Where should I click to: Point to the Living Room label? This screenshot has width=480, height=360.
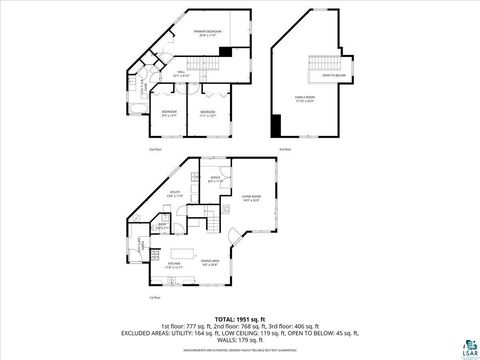pyautogui.click(x=250, y=197)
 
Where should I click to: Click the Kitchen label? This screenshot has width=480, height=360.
pyautogui.click(x=173, y=265)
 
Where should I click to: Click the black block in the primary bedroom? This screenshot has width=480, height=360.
pyautogui.click(x=225, y=52)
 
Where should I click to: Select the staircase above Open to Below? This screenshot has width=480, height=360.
pyautogui.click(x=323, y=59)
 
